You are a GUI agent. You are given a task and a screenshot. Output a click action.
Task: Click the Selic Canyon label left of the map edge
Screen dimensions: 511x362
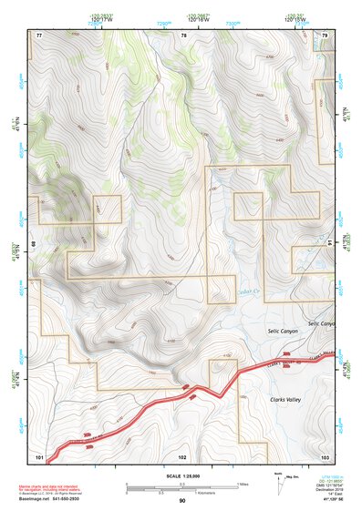point(283,332)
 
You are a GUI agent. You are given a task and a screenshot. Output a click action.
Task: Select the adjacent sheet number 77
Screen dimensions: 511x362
point(39,35)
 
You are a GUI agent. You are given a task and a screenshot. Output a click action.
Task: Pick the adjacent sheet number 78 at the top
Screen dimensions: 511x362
point(183,35)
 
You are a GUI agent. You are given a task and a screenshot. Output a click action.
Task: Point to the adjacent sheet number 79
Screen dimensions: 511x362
point(325,35)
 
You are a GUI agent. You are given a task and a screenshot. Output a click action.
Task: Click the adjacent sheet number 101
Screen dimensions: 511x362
point(39,455)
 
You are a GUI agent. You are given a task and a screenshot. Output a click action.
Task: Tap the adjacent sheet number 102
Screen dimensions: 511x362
point(182,455)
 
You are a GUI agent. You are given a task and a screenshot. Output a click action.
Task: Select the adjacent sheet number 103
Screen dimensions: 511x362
point(325,455)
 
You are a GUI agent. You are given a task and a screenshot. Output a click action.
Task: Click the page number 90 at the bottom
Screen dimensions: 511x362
point(182,501)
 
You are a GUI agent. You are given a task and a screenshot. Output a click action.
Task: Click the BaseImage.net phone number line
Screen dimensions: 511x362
point(51,500)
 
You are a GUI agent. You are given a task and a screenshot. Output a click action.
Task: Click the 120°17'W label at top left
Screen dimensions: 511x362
point(101,17)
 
